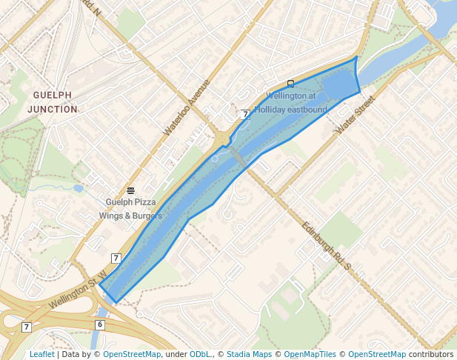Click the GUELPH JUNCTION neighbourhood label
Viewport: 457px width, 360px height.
pos(53,102)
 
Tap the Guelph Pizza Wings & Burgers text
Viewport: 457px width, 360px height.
pos(130,209)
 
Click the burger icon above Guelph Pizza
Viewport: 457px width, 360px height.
pos(130,190)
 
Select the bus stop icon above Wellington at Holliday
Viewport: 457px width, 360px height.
pos(290,84)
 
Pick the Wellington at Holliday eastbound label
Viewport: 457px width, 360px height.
pos(296,103)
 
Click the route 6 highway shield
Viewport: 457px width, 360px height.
pos(100,324)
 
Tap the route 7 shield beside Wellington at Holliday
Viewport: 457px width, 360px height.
pos(244,114)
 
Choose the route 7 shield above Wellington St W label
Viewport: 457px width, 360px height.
pos(116,258)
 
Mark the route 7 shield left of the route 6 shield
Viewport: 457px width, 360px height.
pos(27,327)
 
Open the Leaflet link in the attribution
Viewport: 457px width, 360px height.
pos(42,355)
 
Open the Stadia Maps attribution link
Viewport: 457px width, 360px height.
pos(249,355)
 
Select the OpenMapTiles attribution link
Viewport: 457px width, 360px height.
pos(310,355)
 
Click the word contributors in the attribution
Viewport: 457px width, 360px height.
pos(431,355)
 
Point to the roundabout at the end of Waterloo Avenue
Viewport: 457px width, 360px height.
pos(223,138)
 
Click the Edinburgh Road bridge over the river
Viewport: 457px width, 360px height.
pos(237,158)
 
